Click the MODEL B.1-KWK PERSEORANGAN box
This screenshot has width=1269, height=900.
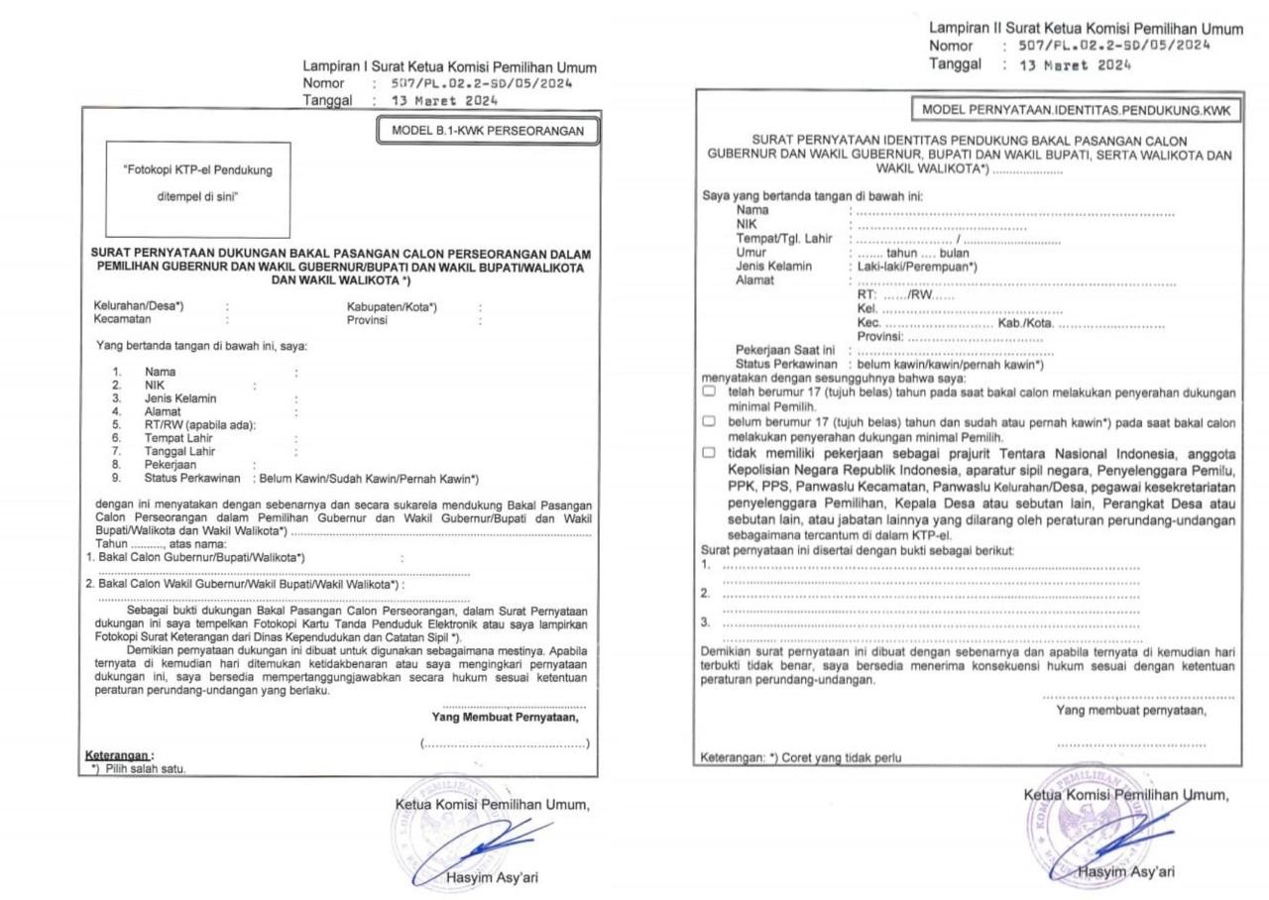click(488, 131)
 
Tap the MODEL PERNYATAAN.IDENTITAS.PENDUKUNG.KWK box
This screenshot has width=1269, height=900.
click(1076, 109)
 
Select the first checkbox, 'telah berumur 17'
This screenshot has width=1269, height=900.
click(709, 393)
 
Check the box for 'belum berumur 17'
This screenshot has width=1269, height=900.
click(709, 421)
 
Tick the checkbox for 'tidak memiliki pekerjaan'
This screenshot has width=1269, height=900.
click(709, 453)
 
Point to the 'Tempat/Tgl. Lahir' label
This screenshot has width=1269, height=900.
click(784, 239)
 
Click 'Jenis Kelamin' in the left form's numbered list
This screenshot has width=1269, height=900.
click(180, 398)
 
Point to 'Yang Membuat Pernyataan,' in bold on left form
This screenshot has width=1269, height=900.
click(505, 717)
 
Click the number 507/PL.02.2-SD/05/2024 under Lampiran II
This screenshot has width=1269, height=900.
click(1114, 46)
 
